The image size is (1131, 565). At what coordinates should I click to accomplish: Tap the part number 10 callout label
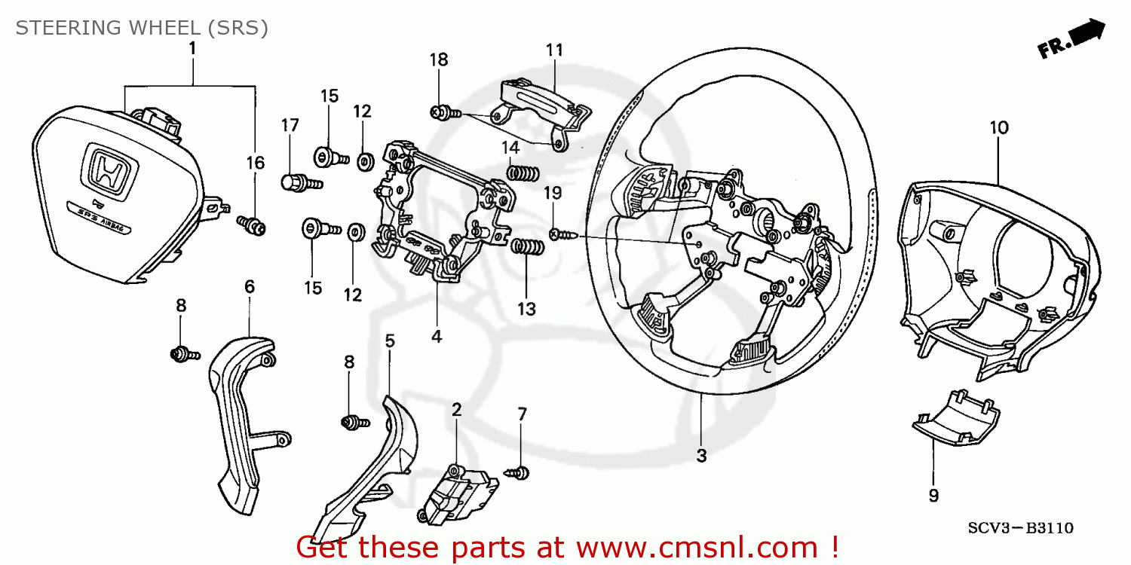click(x=998, y=128)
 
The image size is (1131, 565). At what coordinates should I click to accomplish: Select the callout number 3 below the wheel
click(x=701, y=456)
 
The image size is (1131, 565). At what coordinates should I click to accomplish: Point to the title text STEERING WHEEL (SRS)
click(x=142, y=28)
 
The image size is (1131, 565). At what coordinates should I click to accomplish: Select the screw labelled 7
click(x=519, y=472)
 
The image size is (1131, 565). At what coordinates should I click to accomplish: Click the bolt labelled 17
click(x=300, y=182)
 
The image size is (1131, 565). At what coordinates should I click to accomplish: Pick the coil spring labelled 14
click(x=522, y=173)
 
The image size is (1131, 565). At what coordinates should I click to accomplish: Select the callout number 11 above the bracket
click(x=554, y=50)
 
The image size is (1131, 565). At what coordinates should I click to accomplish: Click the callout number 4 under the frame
click(x=436, y=337)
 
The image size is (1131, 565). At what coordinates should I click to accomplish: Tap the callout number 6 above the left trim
click(x=250, y=286)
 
